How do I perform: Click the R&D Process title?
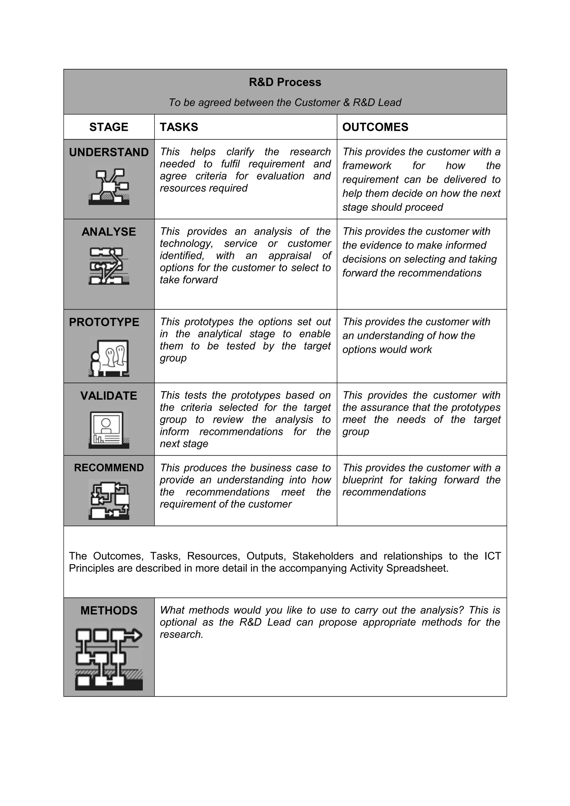(285, 82)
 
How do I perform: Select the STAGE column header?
(109, 127)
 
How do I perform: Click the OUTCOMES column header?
(375, 127)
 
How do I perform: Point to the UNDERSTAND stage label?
(109, 152)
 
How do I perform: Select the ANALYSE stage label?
(109, 232)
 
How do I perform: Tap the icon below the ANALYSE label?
(109, 266)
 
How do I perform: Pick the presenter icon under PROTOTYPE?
(109, 358)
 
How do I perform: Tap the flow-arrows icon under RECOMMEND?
(109, 499)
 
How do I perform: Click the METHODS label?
(109, 610)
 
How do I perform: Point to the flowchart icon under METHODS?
(109, 659)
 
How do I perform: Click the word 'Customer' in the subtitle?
(317, 103)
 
